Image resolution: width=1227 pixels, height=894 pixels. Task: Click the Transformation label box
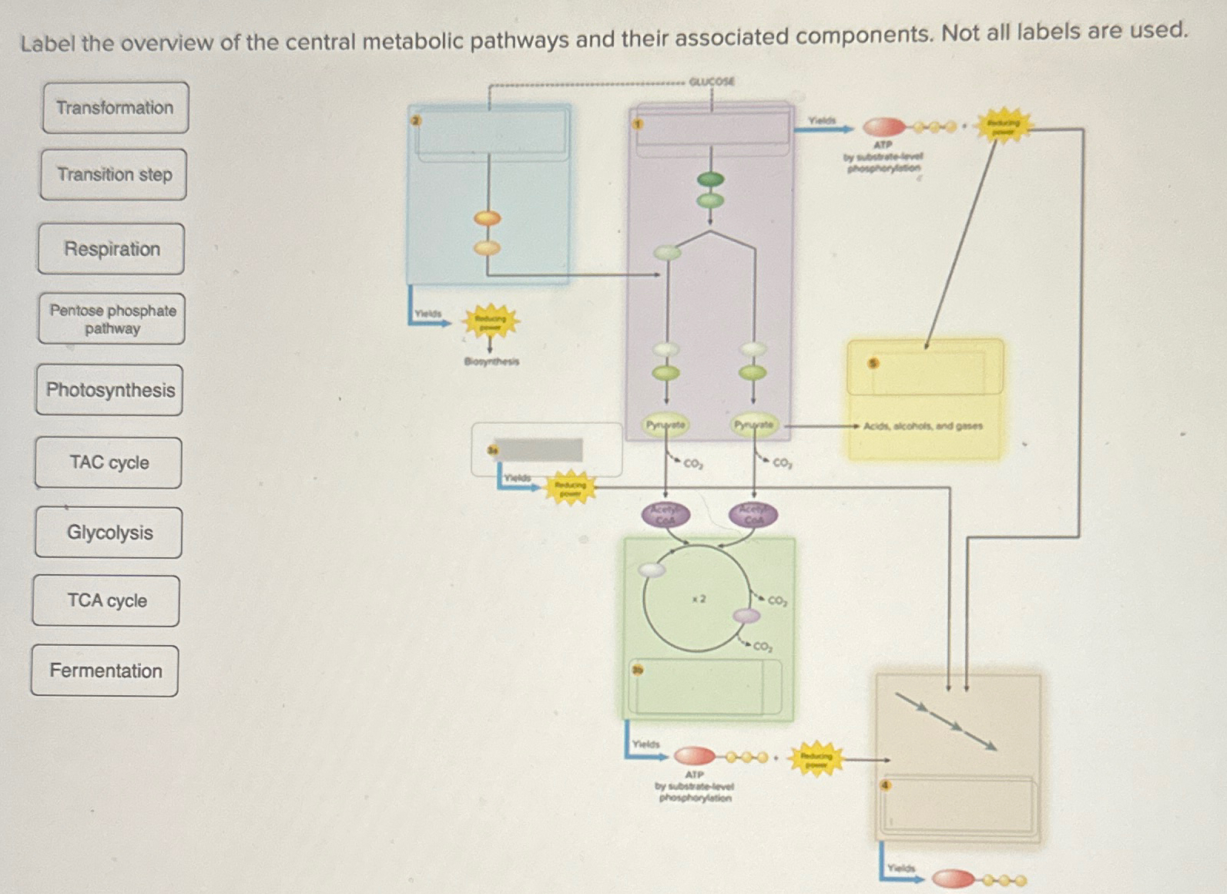click(x=115, y=108)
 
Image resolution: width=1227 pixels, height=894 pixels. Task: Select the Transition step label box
click(x=114, y=175)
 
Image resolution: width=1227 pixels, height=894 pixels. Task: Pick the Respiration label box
click(x=112, y=249)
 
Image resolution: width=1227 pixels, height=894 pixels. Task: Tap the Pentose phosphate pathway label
click(x=112, y=319)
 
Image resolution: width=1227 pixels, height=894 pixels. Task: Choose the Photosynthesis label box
click(x=110, y=390)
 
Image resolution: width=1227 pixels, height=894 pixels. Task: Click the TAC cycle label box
click(x=109, y=462)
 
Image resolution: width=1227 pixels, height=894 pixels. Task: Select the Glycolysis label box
click(x=109, y=533)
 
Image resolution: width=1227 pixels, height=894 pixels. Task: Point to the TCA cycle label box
click(x=107, y=601)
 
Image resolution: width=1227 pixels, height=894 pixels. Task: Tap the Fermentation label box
click(x=106, y=670)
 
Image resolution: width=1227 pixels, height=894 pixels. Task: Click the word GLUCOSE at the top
click(x=711, y=81)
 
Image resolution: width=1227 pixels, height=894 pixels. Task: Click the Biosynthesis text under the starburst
click(x=491, y=361)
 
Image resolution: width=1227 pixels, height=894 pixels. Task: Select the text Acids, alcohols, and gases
click(x=923, y=425)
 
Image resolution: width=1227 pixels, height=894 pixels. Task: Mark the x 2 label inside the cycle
click(x=699, y=599)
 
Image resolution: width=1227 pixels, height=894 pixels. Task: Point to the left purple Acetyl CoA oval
click(x=665, y=514)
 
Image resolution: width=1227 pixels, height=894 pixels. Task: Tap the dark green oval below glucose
click(x=710, y=180)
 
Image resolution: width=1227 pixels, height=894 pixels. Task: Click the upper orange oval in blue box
click(x=488, y=218)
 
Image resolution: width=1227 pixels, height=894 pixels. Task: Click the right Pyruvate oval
click(x=753, y=425)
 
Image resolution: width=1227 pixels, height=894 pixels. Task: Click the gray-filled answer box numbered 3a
click(x=539, y=450)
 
